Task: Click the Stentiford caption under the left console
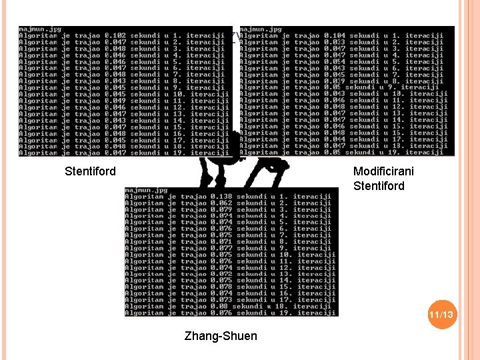pos(90,171)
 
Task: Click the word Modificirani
pos(383,171)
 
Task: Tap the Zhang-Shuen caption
pos(220,336)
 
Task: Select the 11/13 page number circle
pos(441,314)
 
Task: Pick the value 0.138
pos(221,197)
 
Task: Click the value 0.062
pos(221,203)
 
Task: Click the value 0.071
pos(221,242)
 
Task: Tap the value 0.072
pos(221,274)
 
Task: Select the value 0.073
pos(221,300)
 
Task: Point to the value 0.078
pos(221,287)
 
